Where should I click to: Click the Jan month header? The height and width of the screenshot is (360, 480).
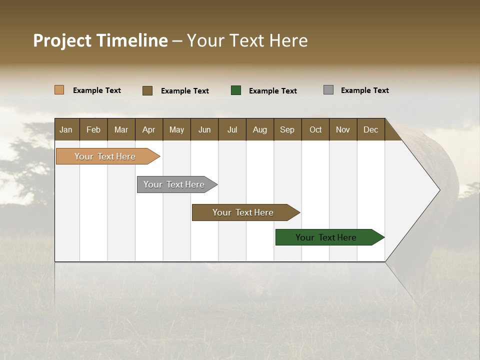66,129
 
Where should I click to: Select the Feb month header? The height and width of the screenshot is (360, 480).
93,129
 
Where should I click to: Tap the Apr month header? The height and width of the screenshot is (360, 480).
148,129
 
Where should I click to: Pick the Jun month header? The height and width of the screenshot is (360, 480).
204,129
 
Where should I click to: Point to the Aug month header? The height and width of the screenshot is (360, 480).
259,129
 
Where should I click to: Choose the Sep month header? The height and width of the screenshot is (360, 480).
287,129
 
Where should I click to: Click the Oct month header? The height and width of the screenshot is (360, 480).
315,129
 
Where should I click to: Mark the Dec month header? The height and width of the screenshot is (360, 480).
370,129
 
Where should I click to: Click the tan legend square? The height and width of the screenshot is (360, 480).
59,90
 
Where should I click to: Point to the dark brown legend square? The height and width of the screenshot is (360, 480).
147,90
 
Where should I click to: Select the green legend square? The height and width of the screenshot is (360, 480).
236,90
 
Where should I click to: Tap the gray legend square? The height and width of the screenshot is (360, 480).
328,90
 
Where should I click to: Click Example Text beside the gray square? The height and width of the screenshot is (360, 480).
364,90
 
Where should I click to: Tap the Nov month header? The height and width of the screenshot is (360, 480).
343,129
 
